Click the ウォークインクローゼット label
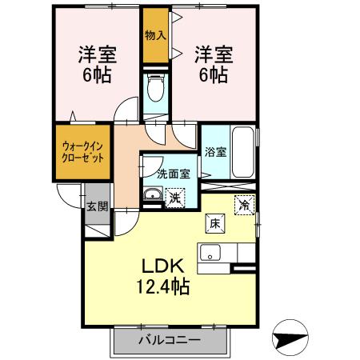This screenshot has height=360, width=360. (81, 151)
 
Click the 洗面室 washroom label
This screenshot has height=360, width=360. (173, 173)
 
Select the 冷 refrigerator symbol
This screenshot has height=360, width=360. (244, 204)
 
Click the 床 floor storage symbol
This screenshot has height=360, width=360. (214, 224)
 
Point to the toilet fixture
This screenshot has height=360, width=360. (156, 88)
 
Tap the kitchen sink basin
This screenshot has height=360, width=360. (212, 254)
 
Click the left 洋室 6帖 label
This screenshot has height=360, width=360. (96, 66)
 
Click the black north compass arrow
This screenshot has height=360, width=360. (290, 336)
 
